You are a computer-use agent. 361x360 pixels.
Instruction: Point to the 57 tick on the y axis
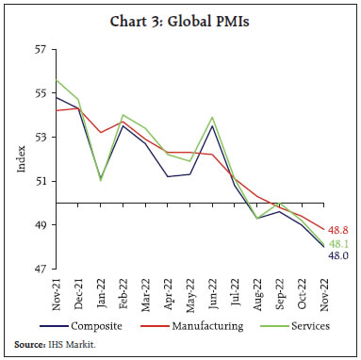click(x=41, y=48)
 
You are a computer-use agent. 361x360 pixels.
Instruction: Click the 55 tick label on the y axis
click(x=41, y=92)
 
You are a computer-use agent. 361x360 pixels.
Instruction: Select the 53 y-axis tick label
click(x=41, y=137)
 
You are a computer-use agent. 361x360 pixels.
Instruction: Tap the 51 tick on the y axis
click(x=41, y=181)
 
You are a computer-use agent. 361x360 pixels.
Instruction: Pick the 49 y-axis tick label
click(x=41, y=225)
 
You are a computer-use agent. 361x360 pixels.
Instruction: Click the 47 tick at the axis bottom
click(x=41, y=270)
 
